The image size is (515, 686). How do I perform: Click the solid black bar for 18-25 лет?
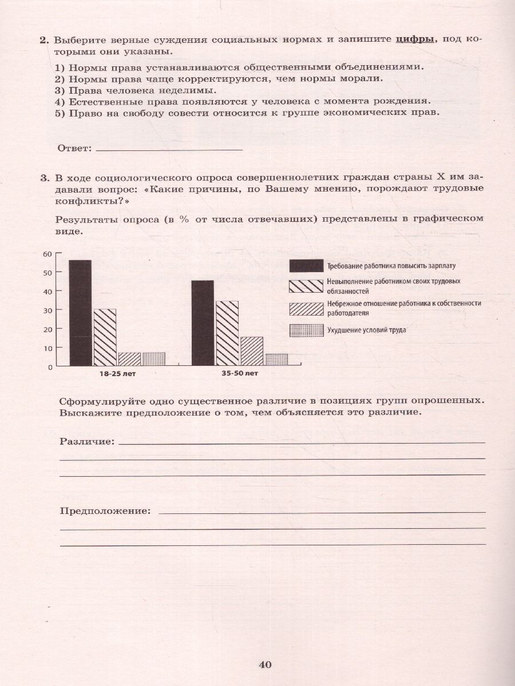pyautogui.click(x=80, y=313)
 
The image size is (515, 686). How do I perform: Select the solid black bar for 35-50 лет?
pyautogui.click(x=203, y=323)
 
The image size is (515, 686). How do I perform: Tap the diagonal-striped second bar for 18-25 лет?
pyautogui.click(x=105, y=337)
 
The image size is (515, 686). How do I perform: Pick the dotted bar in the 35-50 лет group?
pyautogui.click(x=276, y=360)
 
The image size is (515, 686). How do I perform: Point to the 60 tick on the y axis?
pyautogui.click(x=47, y=254)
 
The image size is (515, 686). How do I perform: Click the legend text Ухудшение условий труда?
pyautogui.click(x=367, y=330)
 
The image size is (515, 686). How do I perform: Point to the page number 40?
pyautogui.click(x=264, y=664)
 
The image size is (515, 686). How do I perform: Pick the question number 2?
pyautogui.click(x=43, y=40)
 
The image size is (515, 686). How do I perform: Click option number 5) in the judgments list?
pyautogui.click(x=60, y=113)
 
